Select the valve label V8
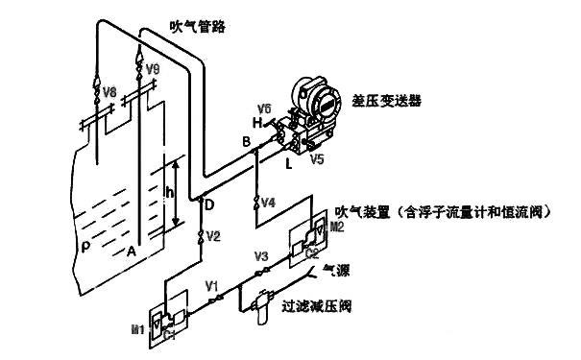point(110,92)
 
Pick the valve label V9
point(153,70)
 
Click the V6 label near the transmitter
point(264,108)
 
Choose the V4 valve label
point(268,204)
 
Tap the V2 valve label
point(213,236)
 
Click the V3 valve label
point(260,256)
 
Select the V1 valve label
point(212,285)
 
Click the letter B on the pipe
point(247,142)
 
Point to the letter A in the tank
point(131,252)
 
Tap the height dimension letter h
point(170,192)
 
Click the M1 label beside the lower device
point(137,329)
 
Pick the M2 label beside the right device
point(336,228)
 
